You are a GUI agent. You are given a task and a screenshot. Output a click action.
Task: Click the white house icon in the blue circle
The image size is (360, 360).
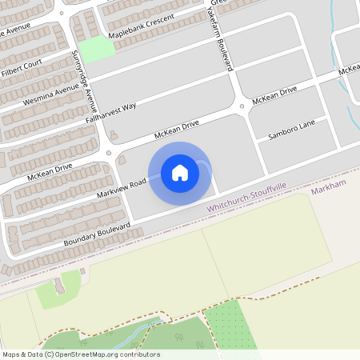click(x=180, y=172)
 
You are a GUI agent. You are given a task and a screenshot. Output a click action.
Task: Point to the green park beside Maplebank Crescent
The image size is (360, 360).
click(x=97, y=49)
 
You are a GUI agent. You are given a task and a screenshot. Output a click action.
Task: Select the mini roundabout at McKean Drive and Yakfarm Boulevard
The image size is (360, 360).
click(x=242, y=107)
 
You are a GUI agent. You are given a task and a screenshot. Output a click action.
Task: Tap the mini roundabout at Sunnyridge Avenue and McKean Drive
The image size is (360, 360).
click(x=108, y=153)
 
